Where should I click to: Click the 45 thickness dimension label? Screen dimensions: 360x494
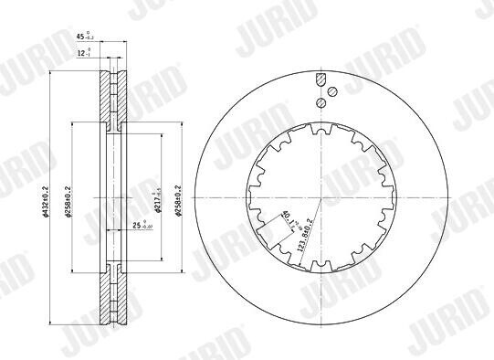[81, 37]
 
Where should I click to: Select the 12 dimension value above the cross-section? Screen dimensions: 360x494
[82, 53]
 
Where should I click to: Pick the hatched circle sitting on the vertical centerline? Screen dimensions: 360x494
[320, 103]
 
